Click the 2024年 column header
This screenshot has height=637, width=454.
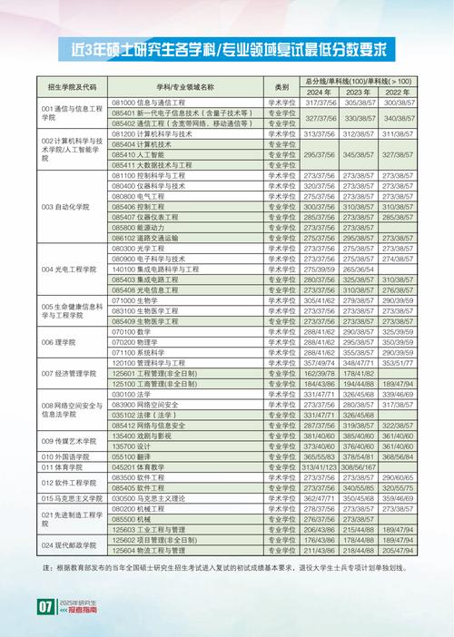point(320,93)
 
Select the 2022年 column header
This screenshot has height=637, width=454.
point(397,93)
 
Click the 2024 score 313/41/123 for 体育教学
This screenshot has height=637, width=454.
point(320,466)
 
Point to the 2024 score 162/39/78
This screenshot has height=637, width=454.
point(320,374)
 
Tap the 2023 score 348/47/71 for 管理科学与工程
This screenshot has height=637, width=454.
point(359,363)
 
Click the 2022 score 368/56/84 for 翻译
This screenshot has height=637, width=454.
point(397,456)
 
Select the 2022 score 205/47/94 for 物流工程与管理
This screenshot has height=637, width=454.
point(397,549)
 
